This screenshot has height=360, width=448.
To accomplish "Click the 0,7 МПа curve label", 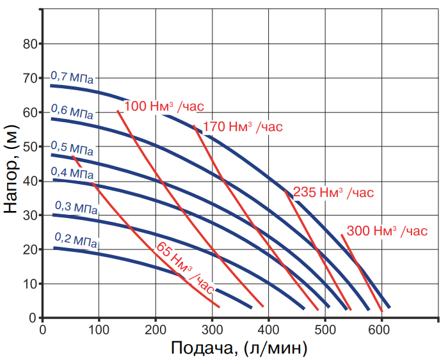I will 72,78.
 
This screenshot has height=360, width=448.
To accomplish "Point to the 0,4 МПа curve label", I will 72,173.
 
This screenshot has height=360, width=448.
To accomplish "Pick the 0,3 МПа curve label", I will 76,207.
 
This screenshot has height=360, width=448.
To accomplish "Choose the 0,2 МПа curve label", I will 76,239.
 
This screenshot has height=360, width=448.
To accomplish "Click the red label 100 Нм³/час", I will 168,106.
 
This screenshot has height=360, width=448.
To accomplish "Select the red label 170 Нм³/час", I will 242,127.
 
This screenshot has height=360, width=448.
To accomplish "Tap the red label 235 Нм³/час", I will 333,192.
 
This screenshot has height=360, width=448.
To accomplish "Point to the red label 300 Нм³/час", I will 386,230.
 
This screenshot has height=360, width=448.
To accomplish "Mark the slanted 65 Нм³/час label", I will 184,265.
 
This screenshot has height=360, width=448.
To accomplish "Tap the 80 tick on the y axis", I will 29,44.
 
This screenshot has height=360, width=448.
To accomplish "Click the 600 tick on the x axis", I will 381,329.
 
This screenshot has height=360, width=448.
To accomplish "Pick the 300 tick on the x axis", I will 212,329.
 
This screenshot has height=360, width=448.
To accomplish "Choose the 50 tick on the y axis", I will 29,146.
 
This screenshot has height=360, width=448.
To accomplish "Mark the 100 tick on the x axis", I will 99,329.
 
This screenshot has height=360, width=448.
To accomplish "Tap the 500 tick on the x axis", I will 325,329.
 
